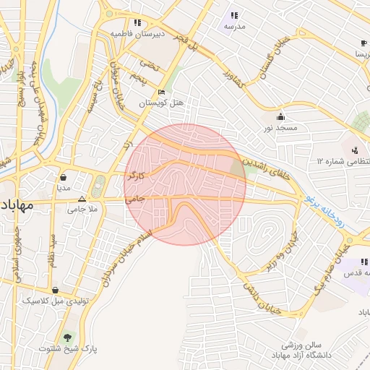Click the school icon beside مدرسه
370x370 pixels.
[x=234, y=15]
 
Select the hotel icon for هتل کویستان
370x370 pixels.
[x=161, y=92]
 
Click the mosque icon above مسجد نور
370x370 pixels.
[x=280, y=116]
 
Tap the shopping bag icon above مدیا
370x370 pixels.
[x=64, y=176]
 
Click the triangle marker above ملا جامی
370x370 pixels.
[x=82, y=198]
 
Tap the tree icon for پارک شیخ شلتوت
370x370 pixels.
[x=69, y=337]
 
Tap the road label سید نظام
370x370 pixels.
[x=53, y=256]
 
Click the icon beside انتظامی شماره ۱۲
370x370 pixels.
[x=355, y=151]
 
